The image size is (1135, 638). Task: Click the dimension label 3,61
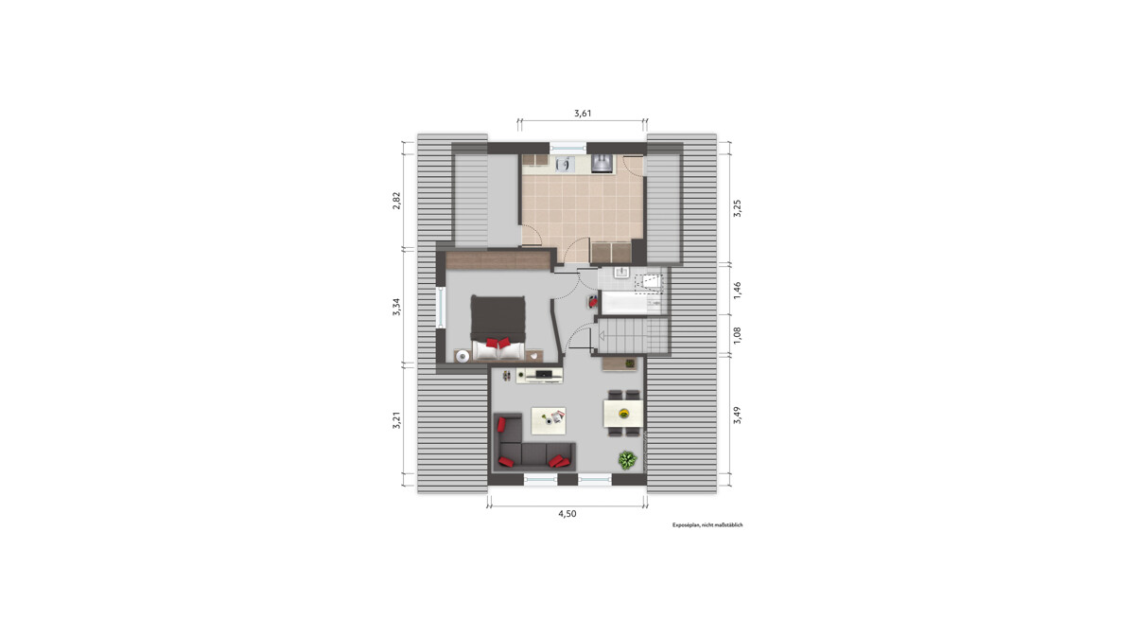pyautogui.click(x=583, y=113)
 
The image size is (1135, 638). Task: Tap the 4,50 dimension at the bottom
pyautogui.click(x=567, y=514)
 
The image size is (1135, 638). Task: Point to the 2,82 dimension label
pyautogui.click(x=396, y=201)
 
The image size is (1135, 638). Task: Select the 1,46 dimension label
pyautogui.click(x=737, y=290)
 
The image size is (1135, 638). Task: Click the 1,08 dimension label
pyautogui.click(x=737, y=335)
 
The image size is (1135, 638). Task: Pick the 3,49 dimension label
pyautogui.click(x=737, y=416)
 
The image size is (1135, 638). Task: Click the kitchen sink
pyautogui.click(x=563, y=164)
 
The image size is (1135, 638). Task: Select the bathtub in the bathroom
pyautogui.click(x=624, y=303)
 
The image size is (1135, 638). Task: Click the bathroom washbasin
pyautogui.click(x=621, y=273)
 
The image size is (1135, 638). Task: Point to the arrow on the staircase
pyautogui.click(x=602, y=335)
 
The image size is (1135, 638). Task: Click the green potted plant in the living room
pyautogui.click(x=627, y=460)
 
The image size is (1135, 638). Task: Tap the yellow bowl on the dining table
pyautogui.click(x=623, y=414)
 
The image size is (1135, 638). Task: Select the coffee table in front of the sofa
pyautogui.click(x=549, y=420)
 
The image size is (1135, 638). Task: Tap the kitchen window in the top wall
pyautogui.click(x=568, y=148)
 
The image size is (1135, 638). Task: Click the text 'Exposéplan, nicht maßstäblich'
pyautogui.click(x=707, y=525)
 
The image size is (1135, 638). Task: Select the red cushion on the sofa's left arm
pyautogui.click(x=501, y=424)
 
